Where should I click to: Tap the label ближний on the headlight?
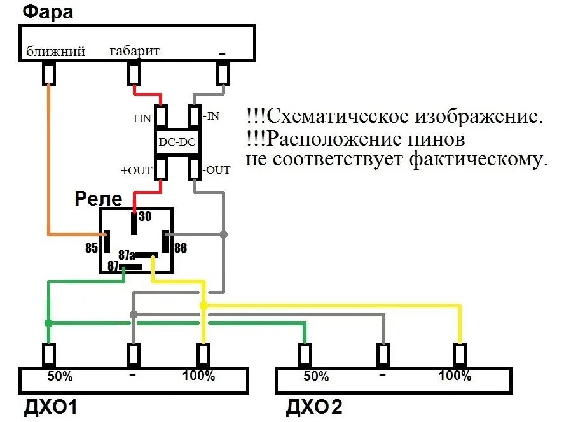(x=55, y=52)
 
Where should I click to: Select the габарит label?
(x=135, y=50)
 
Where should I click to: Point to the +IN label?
(x=142, y=118)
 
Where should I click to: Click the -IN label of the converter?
(x=212, y=116)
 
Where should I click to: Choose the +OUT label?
(x=137, y=171)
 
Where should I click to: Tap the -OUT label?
(x=217, y=170)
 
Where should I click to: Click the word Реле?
(x=98, y=199)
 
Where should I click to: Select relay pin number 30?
(x=145, y=216)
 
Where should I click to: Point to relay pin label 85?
(x=92, y=246)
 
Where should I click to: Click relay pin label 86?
(x=181, y=248)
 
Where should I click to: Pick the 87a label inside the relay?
(x=127, y=255)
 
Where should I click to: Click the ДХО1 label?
(x=48, y=406)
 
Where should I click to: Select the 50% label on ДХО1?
(x=60, y=376)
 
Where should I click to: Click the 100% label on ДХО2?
(x=455, y=376)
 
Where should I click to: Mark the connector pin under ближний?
(x=48, y=74)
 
